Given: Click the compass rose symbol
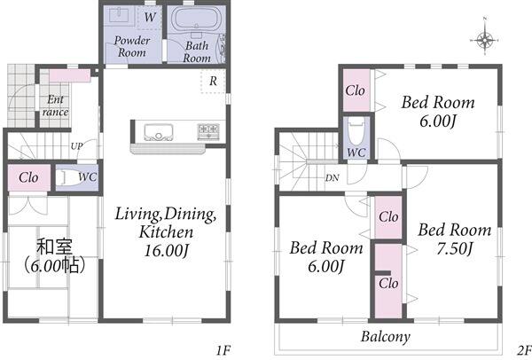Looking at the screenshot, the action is (x=485, y=40).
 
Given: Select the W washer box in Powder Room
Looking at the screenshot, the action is (x=149, y=18).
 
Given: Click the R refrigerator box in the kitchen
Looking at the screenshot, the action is (x=213, y=81).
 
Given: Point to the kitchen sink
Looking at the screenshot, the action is (x=159, y=132).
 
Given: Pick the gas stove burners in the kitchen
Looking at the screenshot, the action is (x=208, y=131).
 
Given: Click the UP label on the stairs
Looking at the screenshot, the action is (x=76, y=146).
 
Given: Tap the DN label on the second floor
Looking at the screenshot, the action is (x=332, y=178).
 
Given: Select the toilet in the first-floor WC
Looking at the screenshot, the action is (x=69, y=177).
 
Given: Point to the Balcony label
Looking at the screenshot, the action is (x=386, y=337).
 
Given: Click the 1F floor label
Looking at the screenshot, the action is (x=223, y=350).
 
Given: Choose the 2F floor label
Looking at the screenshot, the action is (x=524, y=350).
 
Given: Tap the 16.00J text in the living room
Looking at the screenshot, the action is (x=167, y=251).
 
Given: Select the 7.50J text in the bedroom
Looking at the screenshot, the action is (x=454, y=249).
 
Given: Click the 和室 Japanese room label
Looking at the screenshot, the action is (x=54, y=247).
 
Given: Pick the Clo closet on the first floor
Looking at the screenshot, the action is (x=28, y=178).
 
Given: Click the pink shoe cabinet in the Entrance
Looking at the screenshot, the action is (x=70, y=76).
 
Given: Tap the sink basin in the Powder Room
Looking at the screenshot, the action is (x=120, y=15).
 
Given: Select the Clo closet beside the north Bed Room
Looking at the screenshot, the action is (x=356, y=90).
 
